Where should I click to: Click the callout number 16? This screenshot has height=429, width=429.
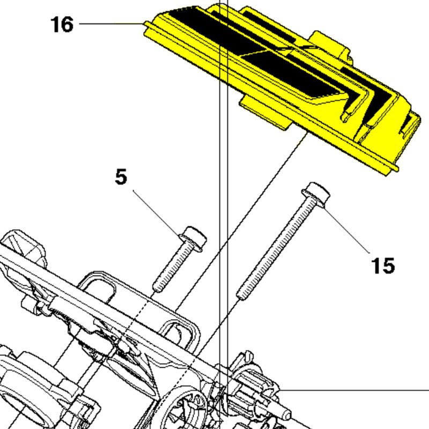(x=62, y=24)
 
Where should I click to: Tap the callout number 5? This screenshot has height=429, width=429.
(x=121, y=177)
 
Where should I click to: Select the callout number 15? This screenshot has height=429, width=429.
(x=383, y=265)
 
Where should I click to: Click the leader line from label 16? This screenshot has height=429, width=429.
(x=112, y=24)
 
